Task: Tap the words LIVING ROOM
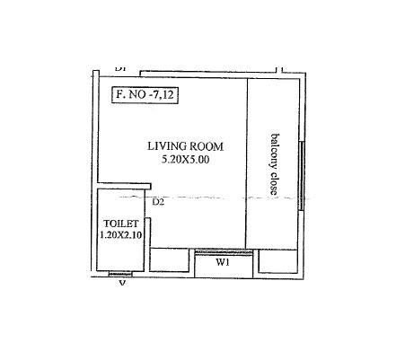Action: point(186,146)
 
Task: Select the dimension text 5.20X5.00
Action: point(186,159)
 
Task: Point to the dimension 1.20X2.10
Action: point(122,235)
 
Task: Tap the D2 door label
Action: point(158,202)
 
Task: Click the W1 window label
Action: point(222,263)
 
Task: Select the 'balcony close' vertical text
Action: point(275,164)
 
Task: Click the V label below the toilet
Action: point(122,284)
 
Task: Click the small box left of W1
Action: point(171,260)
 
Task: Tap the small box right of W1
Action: point(276,260)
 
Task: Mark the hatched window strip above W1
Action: point(223,252)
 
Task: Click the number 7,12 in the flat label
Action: point(162,96)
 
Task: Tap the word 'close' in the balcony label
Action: point(275,182)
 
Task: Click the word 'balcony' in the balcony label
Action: point(275,151)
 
